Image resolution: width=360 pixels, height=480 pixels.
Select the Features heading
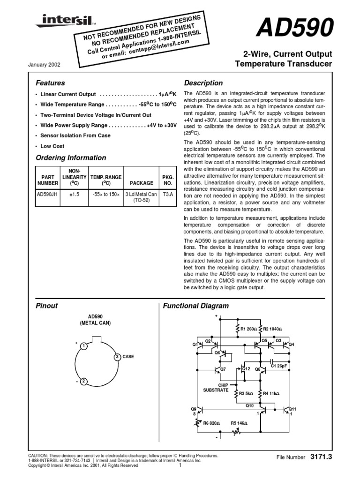tap(50, 83)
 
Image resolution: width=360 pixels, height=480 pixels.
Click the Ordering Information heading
tap(71, 157)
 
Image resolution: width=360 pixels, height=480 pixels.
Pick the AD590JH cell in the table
tap(48, 192)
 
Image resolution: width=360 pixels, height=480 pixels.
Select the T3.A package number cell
tap(167, 192)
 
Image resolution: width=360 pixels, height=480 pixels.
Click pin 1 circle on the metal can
tap(82, 346)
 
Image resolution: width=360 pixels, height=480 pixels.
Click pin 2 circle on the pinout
tap(82, 381)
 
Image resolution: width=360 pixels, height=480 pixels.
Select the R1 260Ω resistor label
tap(247, 329)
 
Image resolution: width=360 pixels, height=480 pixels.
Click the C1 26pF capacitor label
tap(279, 366)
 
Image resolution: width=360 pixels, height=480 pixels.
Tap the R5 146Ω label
tap(239, 423)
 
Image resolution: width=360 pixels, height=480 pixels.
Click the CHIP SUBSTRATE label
tap(216, 387)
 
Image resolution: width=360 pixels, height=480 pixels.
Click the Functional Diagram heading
tap(195, 306)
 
